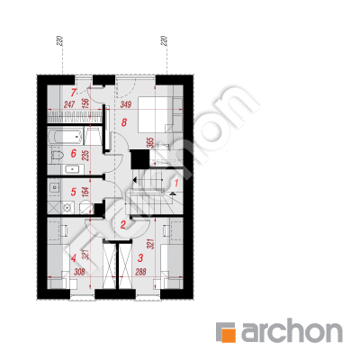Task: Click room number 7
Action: [x=74, y=93]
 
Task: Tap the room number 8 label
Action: [x=124, y=122]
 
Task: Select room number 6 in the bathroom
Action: [x=74, y=154]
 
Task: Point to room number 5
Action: [x=74, y=192]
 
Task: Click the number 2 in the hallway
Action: [x=122, y=225]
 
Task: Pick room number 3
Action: [x=140, y=257]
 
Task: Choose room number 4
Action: [x=74, y=257]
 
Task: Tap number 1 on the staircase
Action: [x=176, y=183]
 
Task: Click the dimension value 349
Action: [x=126, y=104]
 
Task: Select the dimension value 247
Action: [x=69, y=104]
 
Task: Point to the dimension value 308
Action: [x=79, y=272]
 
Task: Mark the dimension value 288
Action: [x=140, y=272]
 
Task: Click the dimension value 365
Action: [x=151, y=143]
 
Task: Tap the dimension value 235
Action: [x=85, y=155]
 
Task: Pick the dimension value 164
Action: [x=85, y=193]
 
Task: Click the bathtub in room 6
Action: [x=66, y=137]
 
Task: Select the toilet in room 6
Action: [x=57, y=156]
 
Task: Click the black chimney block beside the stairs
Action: [x=139, y=159]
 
